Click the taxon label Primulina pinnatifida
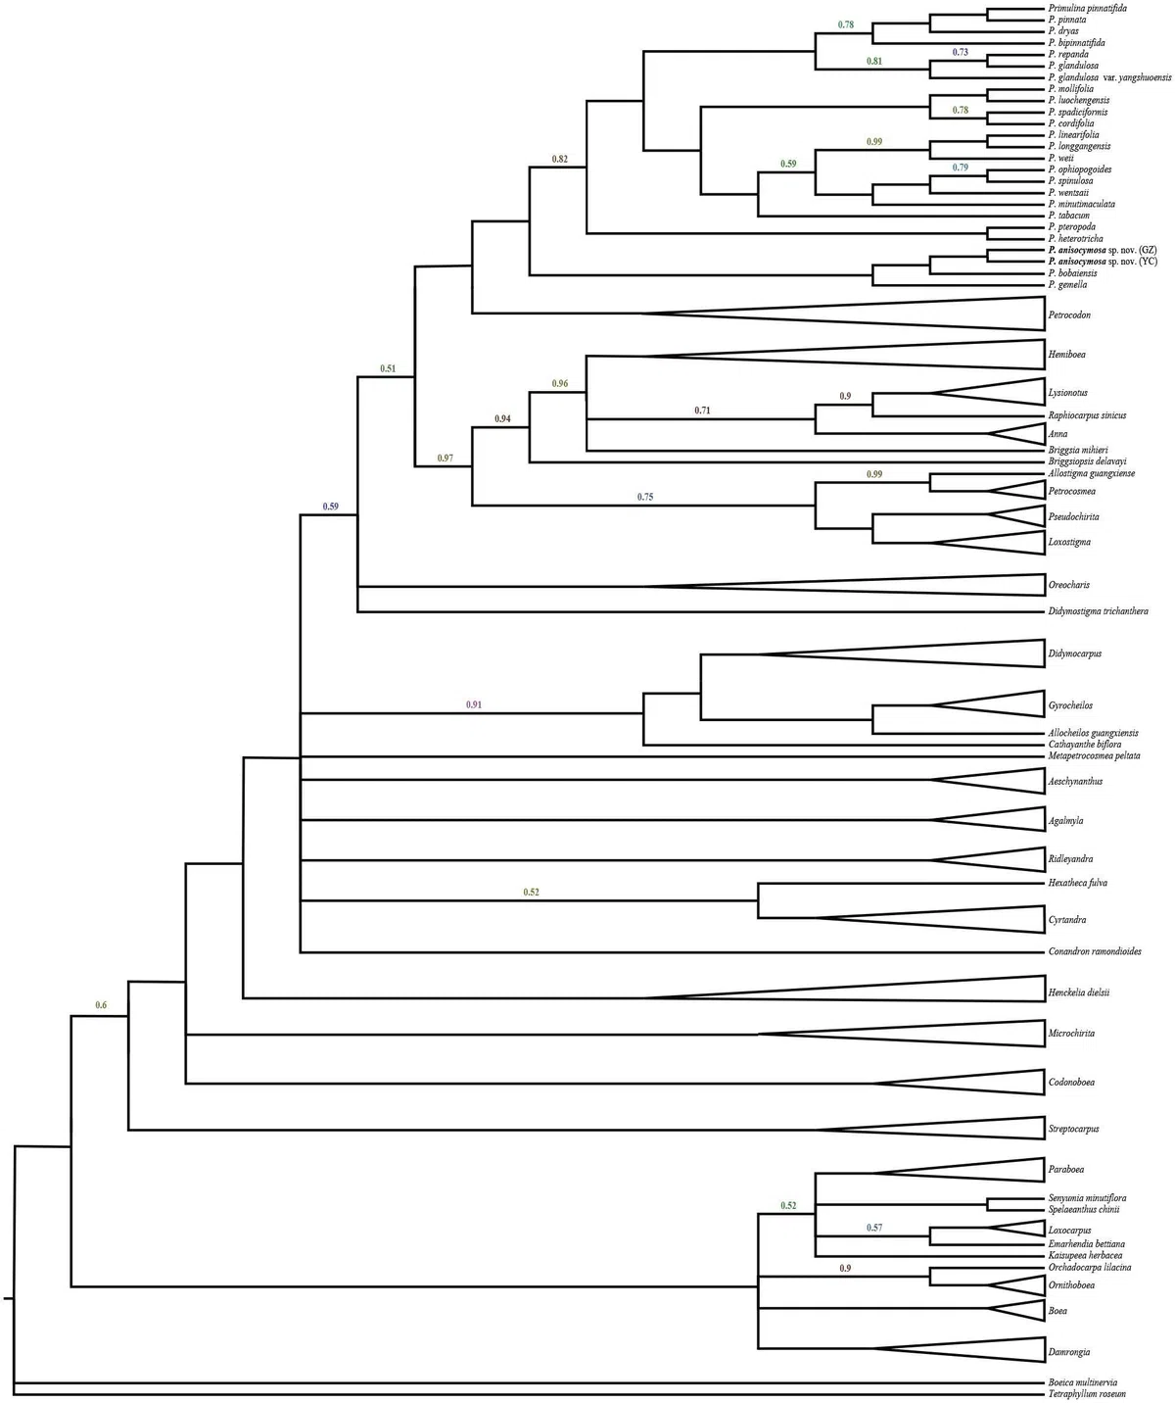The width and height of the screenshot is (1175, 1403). tap(1086, 9)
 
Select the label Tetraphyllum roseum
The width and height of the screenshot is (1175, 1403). tap(1087, 1393)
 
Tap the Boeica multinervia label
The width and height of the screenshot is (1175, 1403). tap(1084, 1381)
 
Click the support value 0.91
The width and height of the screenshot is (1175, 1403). tap(474, 704)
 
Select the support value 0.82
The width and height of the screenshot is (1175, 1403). tap(559, 158)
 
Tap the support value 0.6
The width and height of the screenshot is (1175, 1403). tap(101, 1005)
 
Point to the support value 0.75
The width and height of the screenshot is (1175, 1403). tap(644, 497)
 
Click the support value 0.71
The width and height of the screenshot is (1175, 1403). tap(702, 410)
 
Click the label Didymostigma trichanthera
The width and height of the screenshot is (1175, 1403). tap(1098, 611)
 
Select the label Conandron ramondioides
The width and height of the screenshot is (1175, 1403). tap(1094, 951)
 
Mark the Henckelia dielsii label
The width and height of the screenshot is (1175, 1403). tap(1078, 992)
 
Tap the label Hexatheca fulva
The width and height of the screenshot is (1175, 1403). tap(1077, 883)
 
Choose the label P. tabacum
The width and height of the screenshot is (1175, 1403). tap(1068, 216)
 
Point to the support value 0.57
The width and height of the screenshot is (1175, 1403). tap(874, 1228)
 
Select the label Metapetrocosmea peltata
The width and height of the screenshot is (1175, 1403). tap(1094, 756)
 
